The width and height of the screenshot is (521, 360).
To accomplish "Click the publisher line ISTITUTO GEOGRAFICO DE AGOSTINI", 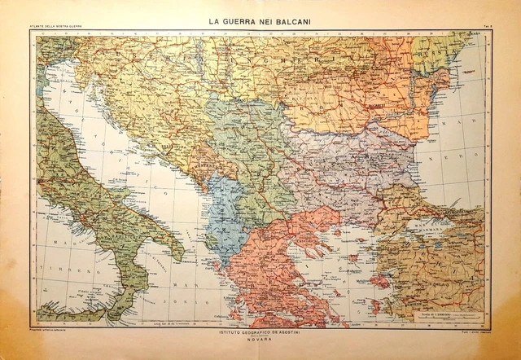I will coord(260,331).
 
